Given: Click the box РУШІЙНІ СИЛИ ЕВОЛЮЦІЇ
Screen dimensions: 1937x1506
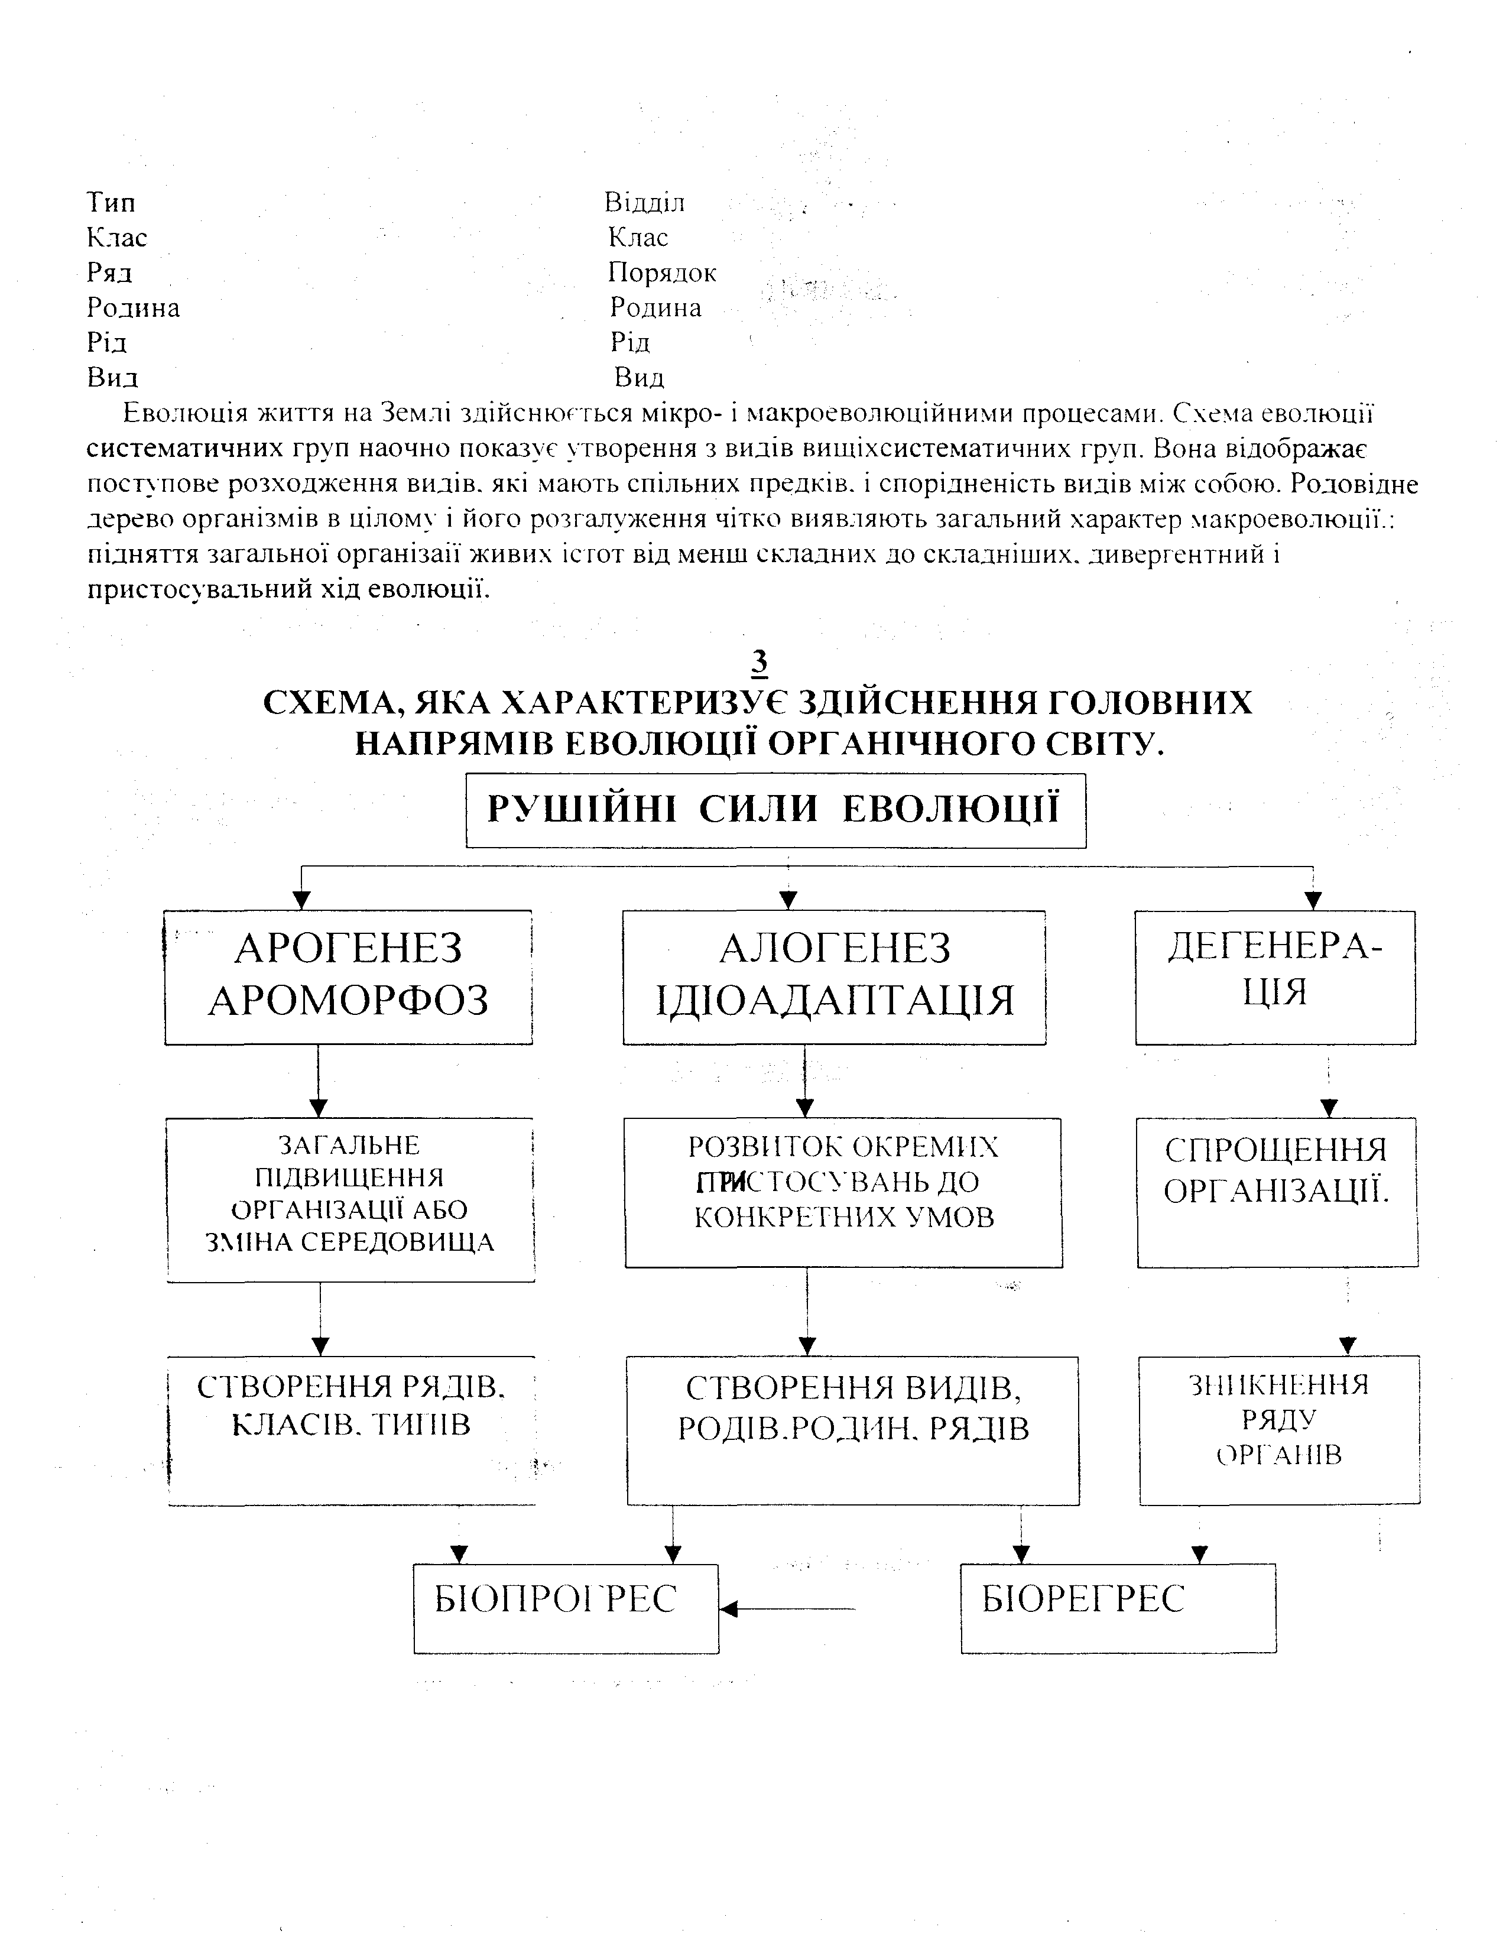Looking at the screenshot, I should (775, 810).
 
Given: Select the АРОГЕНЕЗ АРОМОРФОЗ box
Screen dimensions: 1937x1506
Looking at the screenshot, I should (349, 976).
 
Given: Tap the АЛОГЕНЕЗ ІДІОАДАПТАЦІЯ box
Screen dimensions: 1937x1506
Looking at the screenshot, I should (834, 976).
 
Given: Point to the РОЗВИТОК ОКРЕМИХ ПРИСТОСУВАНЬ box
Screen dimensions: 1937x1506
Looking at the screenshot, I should (843, 1191).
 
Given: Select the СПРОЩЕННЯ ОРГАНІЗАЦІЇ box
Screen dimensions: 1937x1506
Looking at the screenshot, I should (1277, 1191).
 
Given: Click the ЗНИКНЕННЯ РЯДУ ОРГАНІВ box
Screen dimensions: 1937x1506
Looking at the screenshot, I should (1279, 1429).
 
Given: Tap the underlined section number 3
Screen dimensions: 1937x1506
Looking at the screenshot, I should (760, 663).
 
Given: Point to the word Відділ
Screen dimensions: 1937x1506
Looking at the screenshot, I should (645, 202).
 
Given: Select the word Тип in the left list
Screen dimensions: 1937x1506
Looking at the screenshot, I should (111, 202).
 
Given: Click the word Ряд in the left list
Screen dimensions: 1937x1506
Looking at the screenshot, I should (110, 272).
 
